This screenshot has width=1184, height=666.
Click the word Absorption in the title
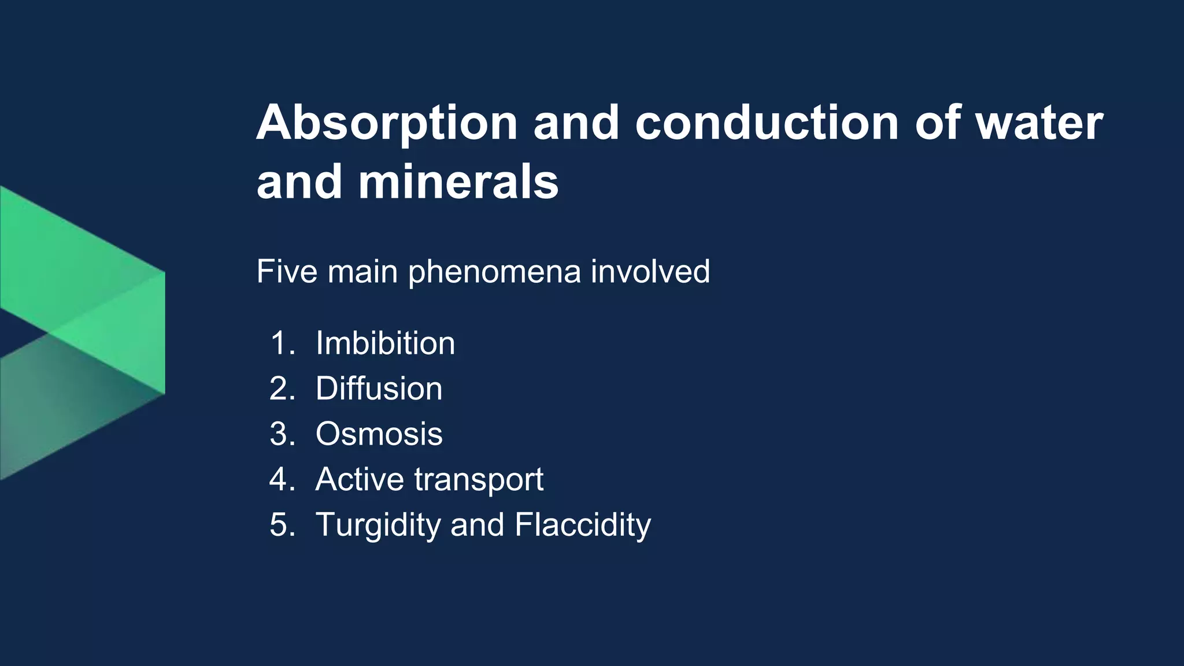pos(386,124)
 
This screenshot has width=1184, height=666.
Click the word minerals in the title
pos(458,183)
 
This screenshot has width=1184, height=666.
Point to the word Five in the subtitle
pos(287,271)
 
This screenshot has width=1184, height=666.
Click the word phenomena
pos(494,272)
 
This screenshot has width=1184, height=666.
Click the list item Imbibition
pos(385,343)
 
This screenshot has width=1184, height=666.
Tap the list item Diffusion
pos(379,388)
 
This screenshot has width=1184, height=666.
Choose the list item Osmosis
pos(379,434)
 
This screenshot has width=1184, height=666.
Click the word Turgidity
pos(378,526)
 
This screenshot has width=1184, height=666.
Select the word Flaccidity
pos(582,526)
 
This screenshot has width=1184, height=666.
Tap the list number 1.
pos(282,343)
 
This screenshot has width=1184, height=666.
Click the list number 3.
pos(282,434)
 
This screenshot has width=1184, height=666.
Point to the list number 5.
pos(282,526)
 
